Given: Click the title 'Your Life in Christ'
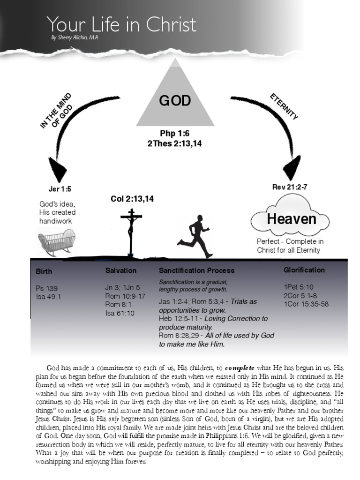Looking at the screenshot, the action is (121, 24).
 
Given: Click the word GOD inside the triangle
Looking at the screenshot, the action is (175, 101).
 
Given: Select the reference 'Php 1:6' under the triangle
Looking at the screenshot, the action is (174, 134).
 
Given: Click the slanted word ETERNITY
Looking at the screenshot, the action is (284, 107).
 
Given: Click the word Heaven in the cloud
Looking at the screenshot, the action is (292, 219).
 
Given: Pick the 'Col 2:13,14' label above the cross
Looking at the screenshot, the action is (132, 199).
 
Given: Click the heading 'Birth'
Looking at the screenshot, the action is (44, 271).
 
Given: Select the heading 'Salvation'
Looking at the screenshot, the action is (121, 270).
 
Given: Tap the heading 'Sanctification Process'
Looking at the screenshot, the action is (196, 270).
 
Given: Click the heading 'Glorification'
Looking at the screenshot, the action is (304, 270).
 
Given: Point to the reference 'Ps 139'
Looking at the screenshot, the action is (46, 288).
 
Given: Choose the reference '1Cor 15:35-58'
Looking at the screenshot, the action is (306, 304).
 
